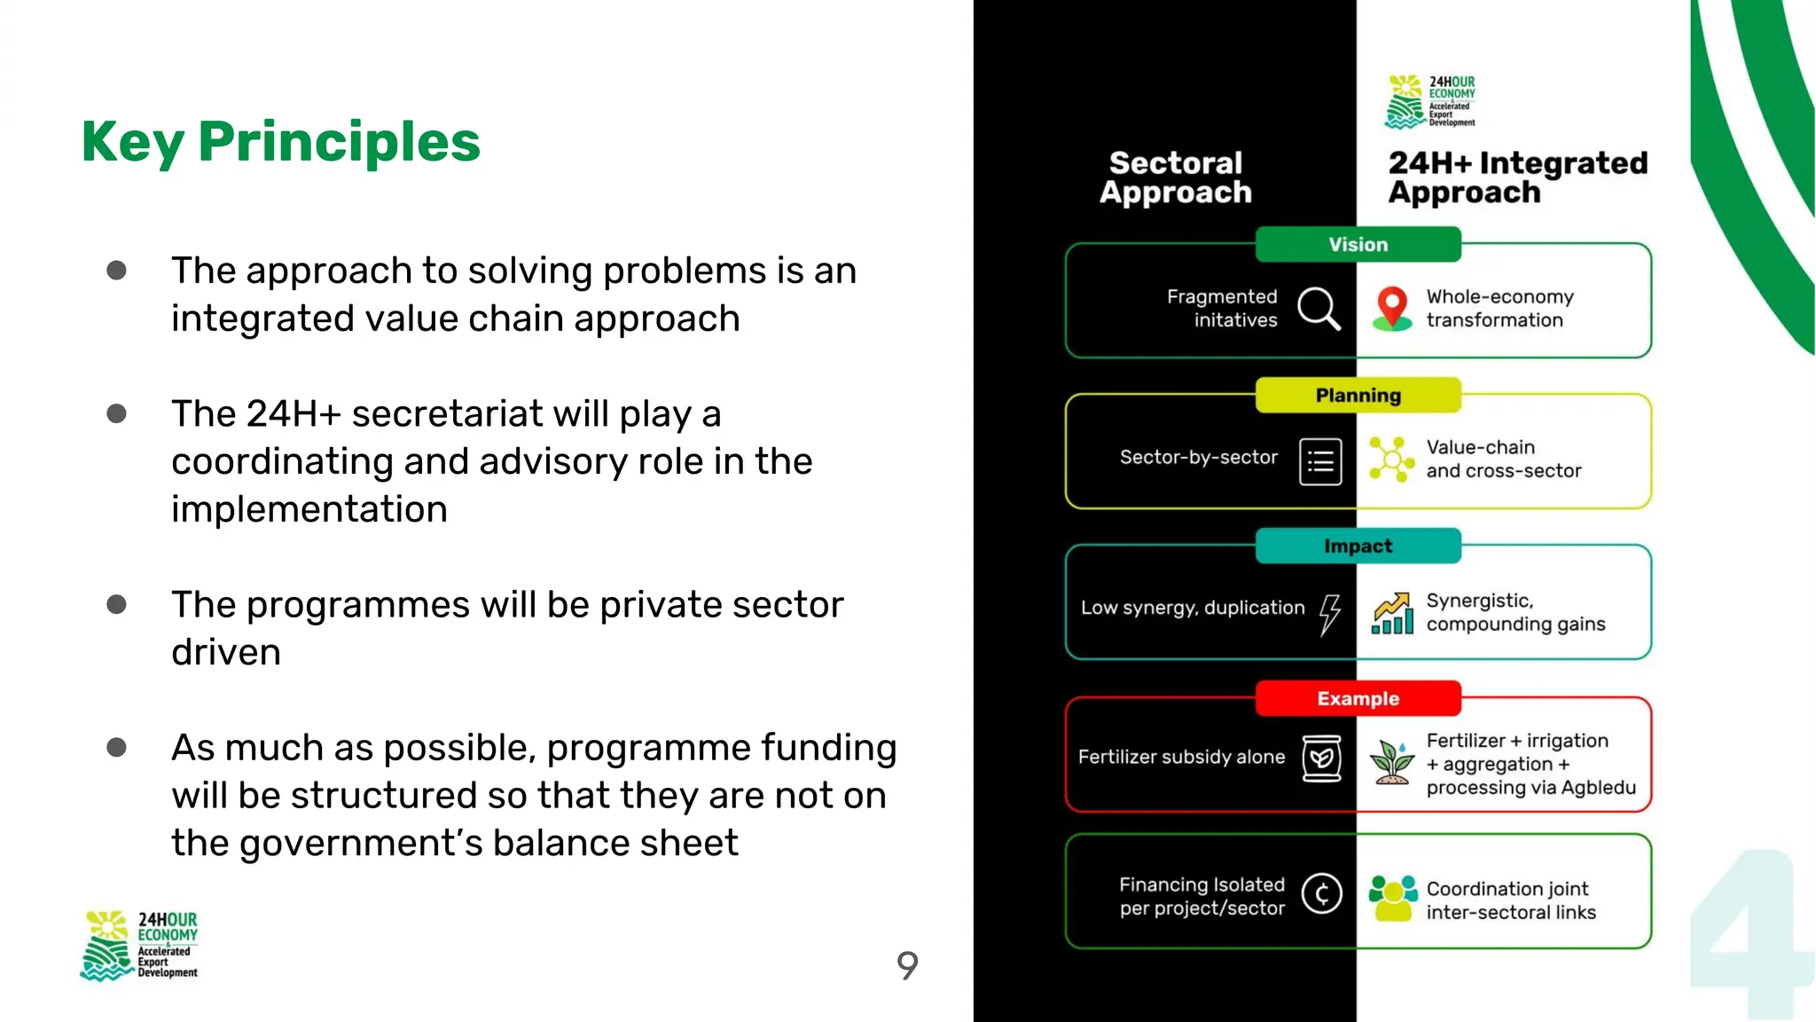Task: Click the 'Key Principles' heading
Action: tap(280, 142)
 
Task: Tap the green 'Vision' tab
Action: tap(1358, 245)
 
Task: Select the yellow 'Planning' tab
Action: tap(1358, 396)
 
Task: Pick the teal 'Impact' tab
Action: tap(1358, 546)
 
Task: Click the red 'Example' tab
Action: tap(1358, 699)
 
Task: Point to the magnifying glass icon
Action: tap(1319, 309)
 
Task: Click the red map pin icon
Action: tap(1392, 308)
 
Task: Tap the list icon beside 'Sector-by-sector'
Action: tap(1320, 461)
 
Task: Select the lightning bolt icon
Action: tap(1329, 613)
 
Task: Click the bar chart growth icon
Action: tap(1392, 613)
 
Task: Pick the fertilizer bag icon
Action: tap(1321, 759)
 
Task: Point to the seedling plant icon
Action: tap(1392, 761)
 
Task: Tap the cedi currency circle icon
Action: tap(1321, 893)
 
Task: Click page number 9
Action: tap(907, 965)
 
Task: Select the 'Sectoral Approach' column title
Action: tap(1176, 177)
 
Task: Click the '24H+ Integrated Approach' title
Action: tap(1517, 177)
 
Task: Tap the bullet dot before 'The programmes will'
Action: tap(116, 605)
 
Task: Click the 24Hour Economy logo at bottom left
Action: tap(139, 946)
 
